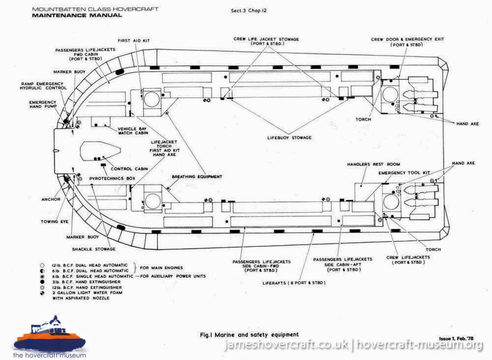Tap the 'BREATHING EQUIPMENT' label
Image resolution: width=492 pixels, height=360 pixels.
pyautogui.click(x=197, y=177)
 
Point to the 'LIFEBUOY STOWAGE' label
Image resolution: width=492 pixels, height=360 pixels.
pyautogui.click(x=289, y=137)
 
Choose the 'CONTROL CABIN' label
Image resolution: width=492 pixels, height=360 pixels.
pyautogui.click(x=128, y=168)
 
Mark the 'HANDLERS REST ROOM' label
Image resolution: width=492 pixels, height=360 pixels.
pyautogui.click(x=373, y=164)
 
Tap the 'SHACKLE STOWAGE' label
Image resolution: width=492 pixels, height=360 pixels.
pyautogui.click(x=96, y=249)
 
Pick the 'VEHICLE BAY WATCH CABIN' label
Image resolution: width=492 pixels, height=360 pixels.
pyautogui.click(x=134, y=131)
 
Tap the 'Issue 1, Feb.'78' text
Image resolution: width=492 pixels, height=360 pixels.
pyautogui.click(x=458, y=339)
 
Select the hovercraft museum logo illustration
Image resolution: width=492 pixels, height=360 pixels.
pyautogui.click(x=50, y=335)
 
